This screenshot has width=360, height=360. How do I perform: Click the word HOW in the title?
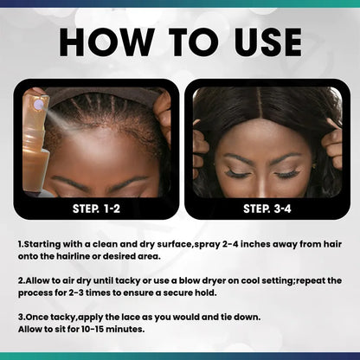98,42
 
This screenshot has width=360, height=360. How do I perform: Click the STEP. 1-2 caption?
94,208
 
